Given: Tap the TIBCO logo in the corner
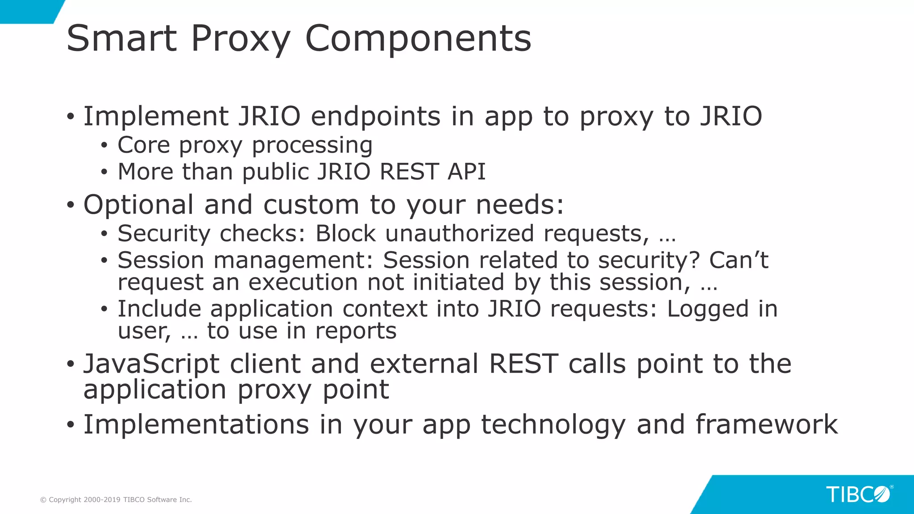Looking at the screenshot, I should click(x=858, y=494).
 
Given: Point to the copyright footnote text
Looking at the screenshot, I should click(x=116, y=500).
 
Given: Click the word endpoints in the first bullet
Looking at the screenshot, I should click(x=376, y=116).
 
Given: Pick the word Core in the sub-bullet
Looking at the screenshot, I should click(x=144, y=145).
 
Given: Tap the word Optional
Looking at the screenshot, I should click(x=138, y=205).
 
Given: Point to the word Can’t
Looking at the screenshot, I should click(x=739, y=260).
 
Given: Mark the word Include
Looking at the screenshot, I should click(x=158, y=309).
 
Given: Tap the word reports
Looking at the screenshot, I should click(x=356, y=331).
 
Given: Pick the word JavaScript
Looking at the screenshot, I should click(x=151, y=364).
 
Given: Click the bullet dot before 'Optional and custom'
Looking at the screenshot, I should click(x=70, y=206).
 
